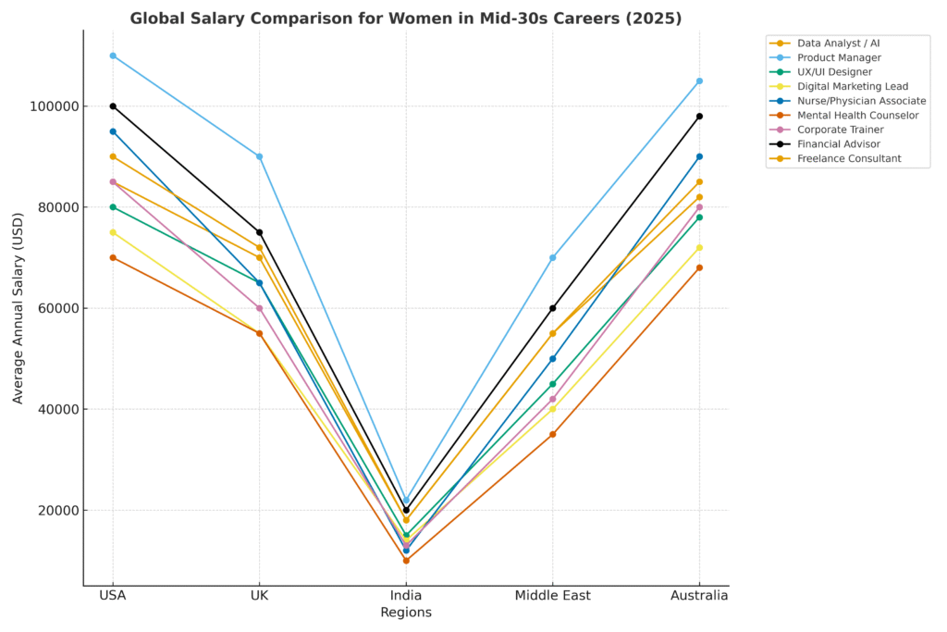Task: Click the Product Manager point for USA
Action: point(113,56)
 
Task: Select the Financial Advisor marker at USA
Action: point(113,106)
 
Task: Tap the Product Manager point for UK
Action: point(259,156)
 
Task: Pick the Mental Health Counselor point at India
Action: point(406,561)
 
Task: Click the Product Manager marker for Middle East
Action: point(553,257)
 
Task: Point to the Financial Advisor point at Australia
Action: point(699,117)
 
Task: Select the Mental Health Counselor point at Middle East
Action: point(553,434)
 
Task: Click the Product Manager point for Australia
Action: point(699,81)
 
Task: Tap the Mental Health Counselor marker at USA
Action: point(113,257)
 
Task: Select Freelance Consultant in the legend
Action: point(849,159)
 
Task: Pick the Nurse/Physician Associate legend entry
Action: point(861,101)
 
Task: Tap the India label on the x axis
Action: point(406,596)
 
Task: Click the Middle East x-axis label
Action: point(553,596)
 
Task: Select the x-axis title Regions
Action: point(406,613)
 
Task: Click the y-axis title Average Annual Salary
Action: point(18,306)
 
